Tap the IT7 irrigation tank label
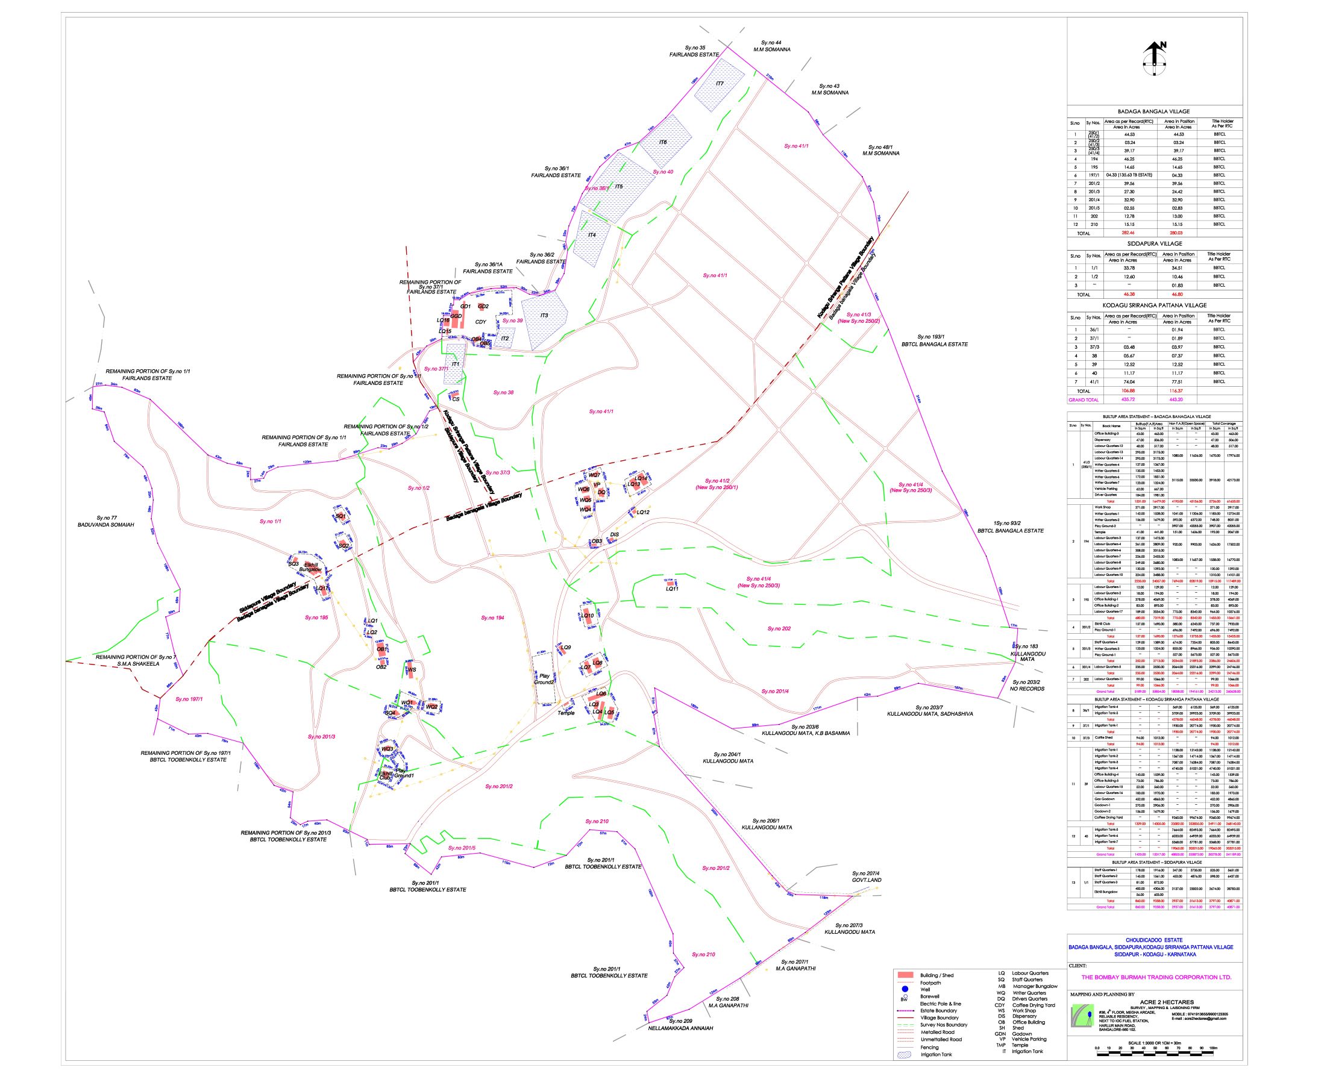click(720, 83)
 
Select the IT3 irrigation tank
click(544, 316)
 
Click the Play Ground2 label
click(544, 680)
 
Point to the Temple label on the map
click(566, 713)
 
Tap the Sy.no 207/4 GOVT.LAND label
click(866, 877)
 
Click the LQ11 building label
click(672, 589)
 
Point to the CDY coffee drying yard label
click(480, 322)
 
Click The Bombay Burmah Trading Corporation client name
click(1156, 977)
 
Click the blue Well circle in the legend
click(906, 989)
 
